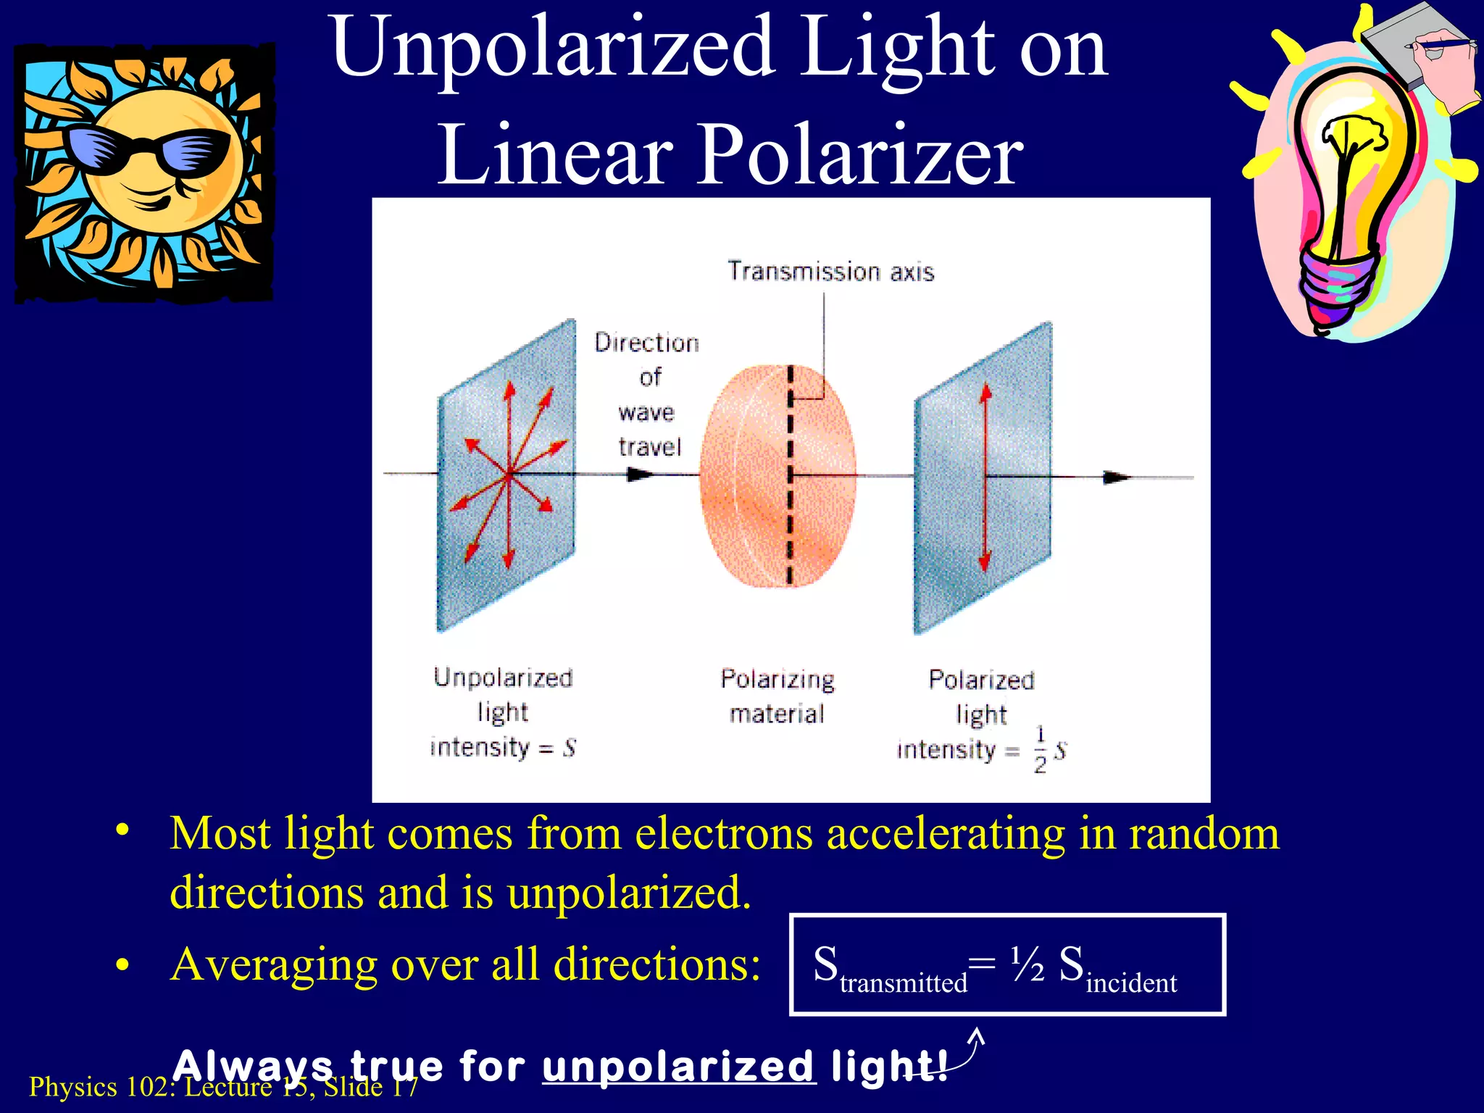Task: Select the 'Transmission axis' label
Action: coord(830,272)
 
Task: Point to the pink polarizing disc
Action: coord(754,475)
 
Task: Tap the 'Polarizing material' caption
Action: coord(777,696)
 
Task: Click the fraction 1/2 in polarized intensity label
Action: coord(1040,750)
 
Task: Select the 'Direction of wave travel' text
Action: coord(648,394)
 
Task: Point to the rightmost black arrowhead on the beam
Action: coord(1116,477)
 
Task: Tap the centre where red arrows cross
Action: coord(509,475)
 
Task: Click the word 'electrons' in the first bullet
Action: coord(725,833)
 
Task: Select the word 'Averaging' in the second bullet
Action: coord(274,964)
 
